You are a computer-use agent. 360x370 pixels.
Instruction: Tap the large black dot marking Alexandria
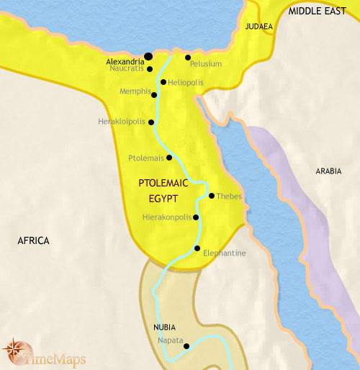click(148, 56)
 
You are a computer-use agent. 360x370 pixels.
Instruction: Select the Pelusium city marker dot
click(187, 58)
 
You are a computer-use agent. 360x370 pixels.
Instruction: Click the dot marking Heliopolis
click(163, 82)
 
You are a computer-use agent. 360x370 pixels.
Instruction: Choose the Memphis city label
click(135, 92)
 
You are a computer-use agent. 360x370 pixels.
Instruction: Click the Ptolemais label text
click(145, 157)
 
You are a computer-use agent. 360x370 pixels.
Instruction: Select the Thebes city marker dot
click(211, 196)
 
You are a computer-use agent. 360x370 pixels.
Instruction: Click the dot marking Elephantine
click(197, 248)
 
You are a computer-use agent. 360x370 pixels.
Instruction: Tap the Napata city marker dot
click(186, 346)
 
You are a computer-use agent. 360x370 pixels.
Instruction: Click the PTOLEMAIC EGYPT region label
click(163, 190)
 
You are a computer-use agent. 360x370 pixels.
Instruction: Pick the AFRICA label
click(33, 240)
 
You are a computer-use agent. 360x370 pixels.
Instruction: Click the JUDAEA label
click(258, 27)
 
